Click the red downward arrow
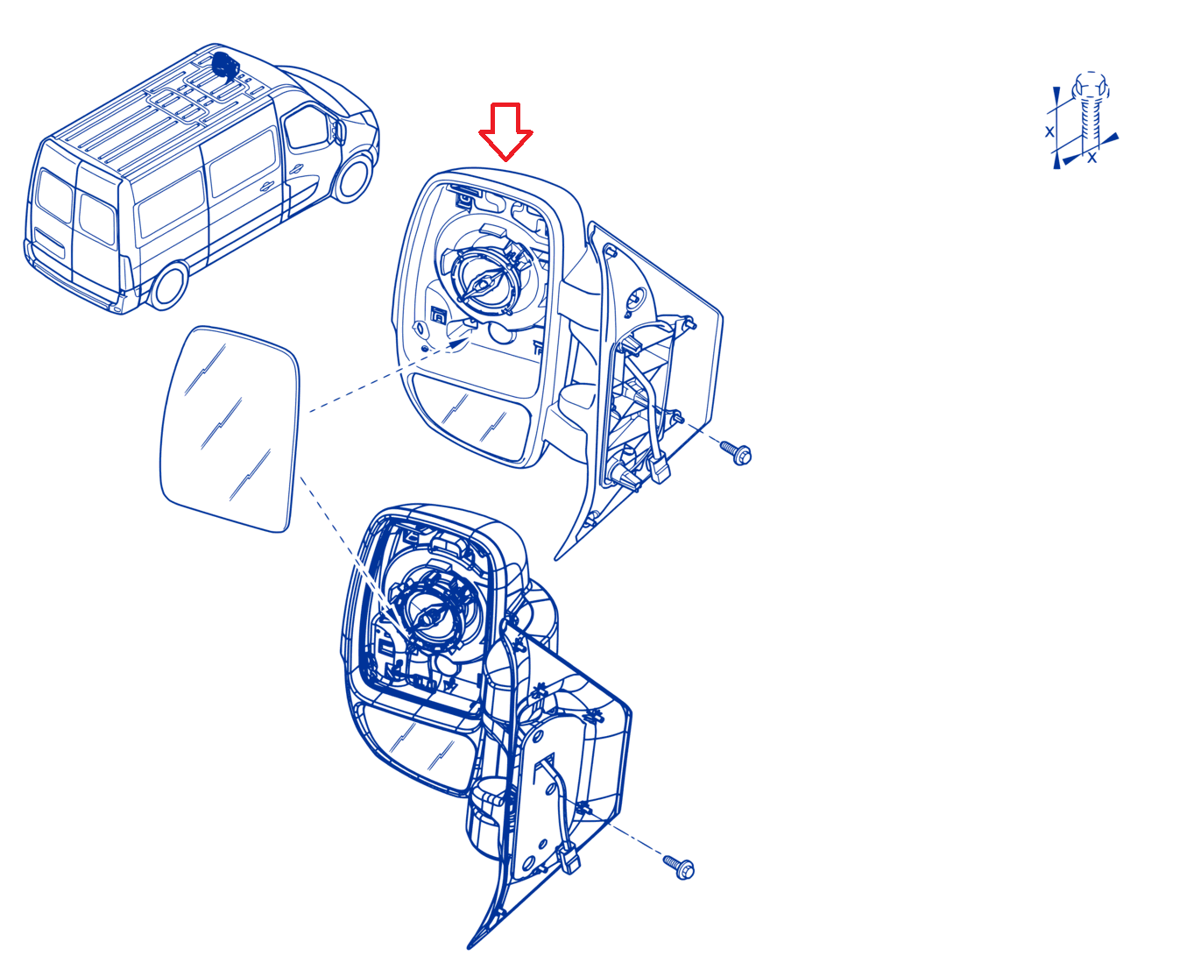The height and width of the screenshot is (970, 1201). pyautogui.click(x=505, y=131)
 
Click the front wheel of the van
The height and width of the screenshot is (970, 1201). pyautogui.click(x=354, y=177)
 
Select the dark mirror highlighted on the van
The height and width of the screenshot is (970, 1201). pyautogui.click(x=226, y=67)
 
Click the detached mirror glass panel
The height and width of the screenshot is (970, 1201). pyautogui.click(x=230, y=428)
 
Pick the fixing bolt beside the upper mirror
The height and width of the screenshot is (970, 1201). pyautogui.click(x=736, y=453)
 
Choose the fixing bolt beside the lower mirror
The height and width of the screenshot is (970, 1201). pyautogui.click(x=679, y=867)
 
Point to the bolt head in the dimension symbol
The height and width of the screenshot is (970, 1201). pyautogui.click(x=1091, y=89)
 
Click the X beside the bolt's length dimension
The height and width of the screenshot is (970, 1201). pyautogui.click(x=1049, y=132)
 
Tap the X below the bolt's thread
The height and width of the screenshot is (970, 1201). pyautogui.click(x=1092, y=158)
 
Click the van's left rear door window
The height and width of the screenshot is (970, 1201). pyautogui.click(x=54, y=195)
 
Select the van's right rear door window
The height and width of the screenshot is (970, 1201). pyautogui.click(x=96, y=218)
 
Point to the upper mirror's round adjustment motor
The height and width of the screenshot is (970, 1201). pyautogui.click(x=485, y=280)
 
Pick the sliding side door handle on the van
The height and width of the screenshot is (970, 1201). pyautogui.click(x=267, y=187)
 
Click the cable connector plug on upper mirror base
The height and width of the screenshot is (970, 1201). pyautogui.click(x=660, y=469)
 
